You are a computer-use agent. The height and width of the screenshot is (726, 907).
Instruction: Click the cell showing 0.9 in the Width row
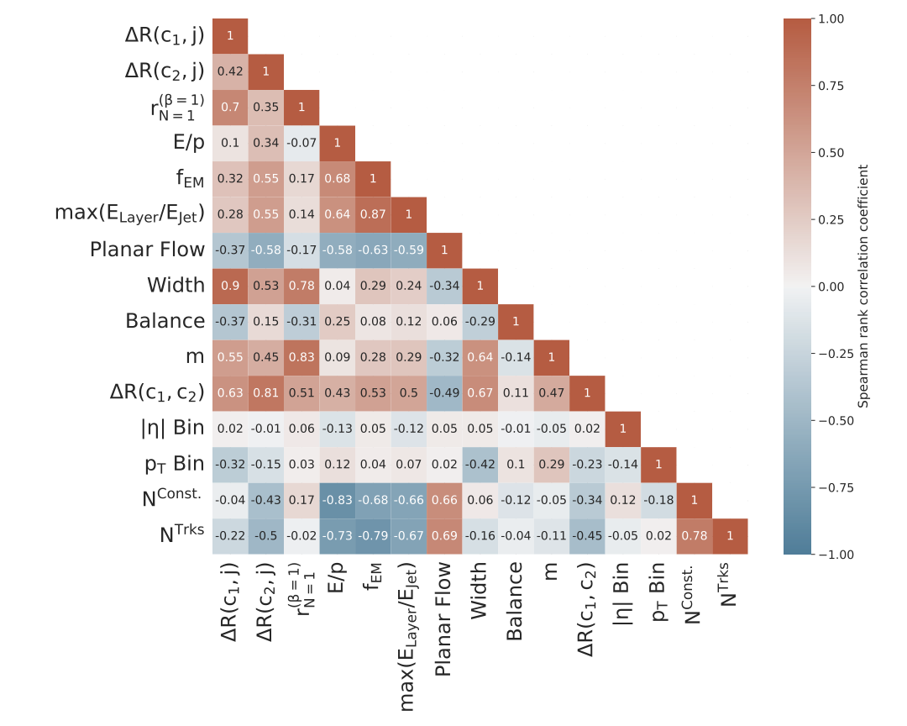[x=230, y=286]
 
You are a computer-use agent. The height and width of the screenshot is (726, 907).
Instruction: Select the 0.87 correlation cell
[x=373, y=214]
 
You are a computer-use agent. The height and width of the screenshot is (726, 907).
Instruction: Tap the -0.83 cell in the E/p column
[x=337, y=500]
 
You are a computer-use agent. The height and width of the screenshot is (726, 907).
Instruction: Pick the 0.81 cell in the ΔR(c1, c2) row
[x=265, y=392]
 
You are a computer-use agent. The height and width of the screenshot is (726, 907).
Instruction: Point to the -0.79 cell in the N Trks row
[x=373, y=536]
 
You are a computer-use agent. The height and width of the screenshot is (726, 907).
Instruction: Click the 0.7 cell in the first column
[x=230, y=108]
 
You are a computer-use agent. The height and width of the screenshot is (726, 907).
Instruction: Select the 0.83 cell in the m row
[x=301, y=357]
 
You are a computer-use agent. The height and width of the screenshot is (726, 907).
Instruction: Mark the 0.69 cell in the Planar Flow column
[x=444, y=536]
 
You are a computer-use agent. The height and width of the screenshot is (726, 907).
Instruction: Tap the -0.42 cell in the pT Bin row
[x=480, y=465]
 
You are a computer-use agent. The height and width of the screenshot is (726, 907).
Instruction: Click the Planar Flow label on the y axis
[x=147, y=250]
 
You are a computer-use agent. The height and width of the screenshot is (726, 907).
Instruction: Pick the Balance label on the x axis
[x=516, y=606]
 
